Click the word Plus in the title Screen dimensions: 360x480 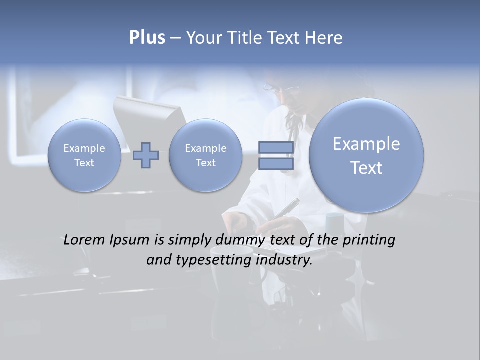point(147,38)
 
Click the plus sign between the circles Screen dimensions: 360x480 point(146,155)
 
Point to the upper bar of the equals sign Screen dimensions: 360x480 point(276,147)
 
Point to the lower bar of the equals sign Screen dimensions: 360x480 point(276,164)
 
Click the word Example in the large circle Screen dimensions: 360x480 point(366,144)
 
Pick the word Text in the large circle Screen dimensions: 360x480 point(366,168)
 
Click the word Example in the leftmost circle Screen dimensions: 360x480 point(84,148)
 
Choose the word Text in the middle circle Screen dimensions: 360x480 point(205,163)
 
